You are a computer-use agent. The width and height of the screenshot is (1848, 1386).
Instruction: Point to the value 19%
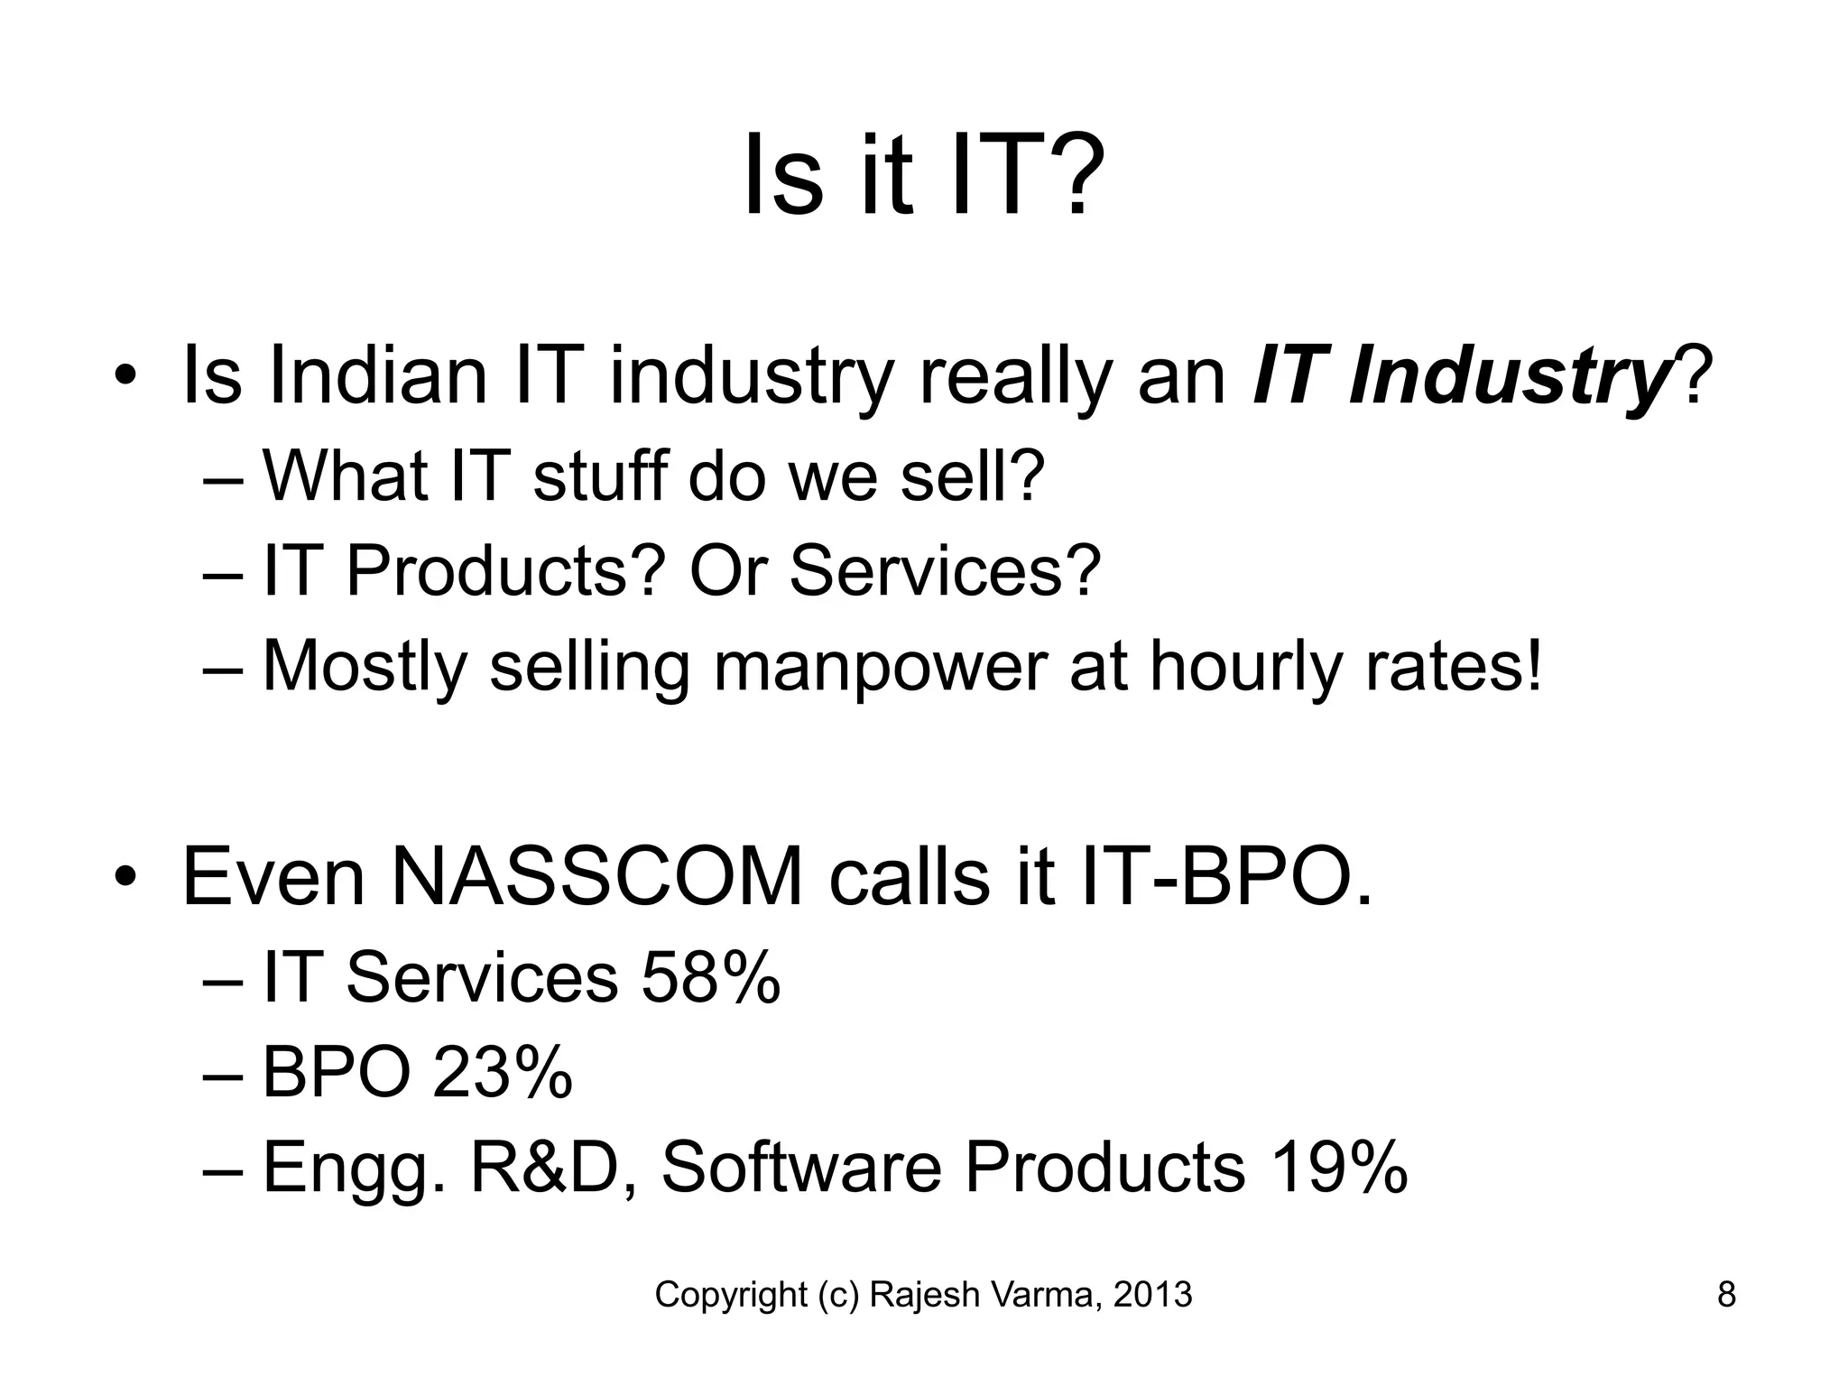point(1338,1169)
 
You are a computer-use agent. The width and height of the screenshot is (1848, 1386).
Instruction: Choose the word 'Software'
point(801,1169)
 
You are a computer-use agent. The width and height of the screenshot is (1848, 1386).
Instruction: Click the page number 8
point(1725,1295)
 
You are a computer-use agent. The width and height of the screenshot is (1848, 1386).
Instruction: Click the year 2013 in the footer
point(1152,1295)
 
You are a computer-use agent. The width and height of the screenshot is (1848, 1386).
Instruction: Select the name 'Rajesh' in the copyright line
point(925,1295)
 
